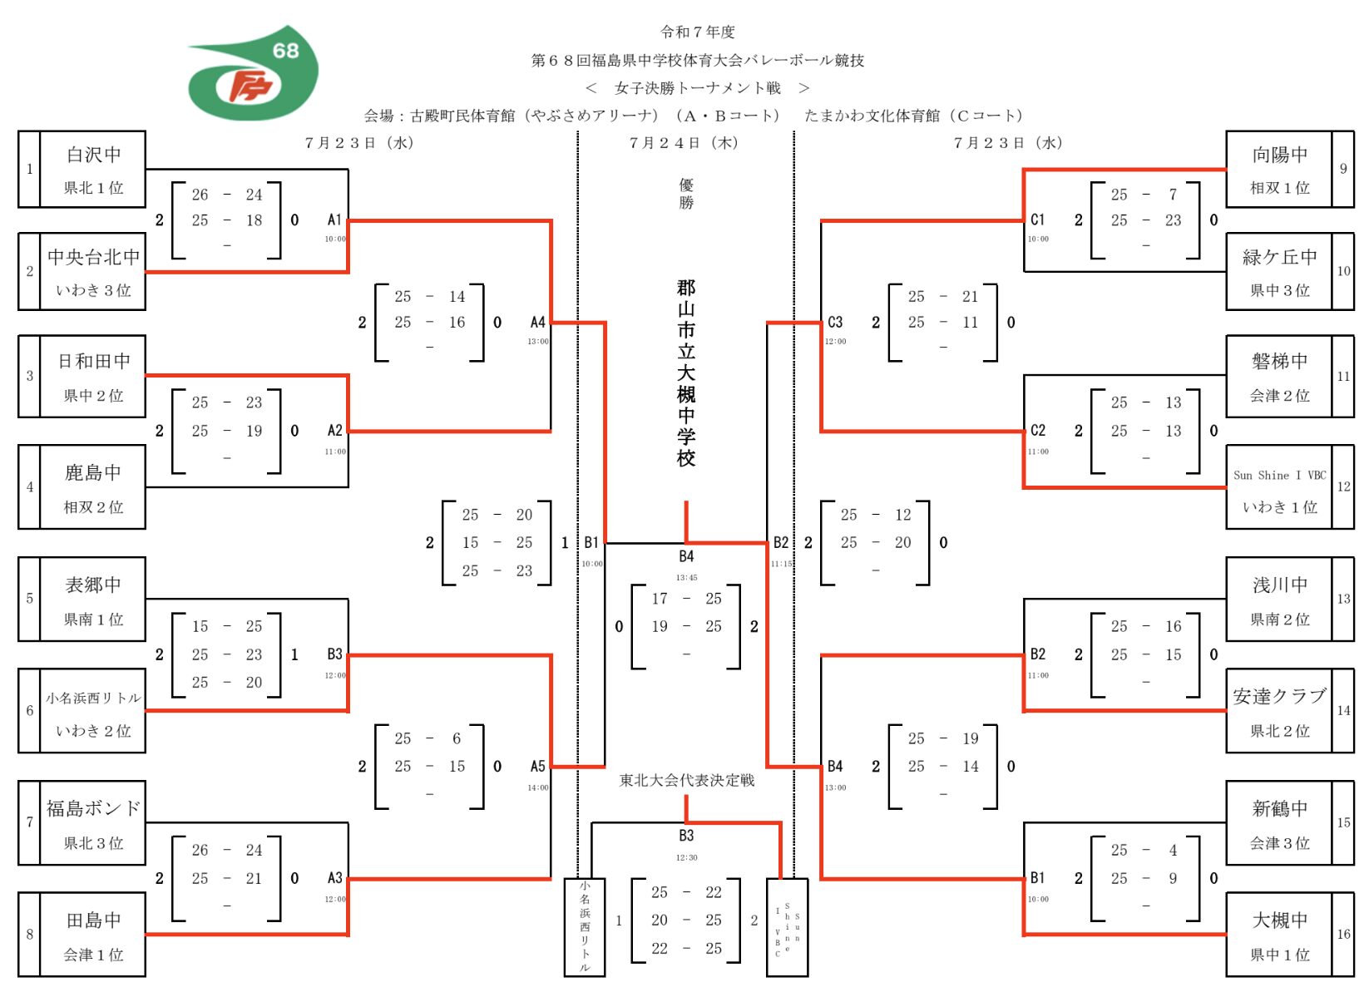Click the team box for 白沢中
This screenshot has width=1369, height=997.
tap(93, 169)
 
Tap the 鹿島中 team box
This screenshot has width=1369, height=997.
tap(93, 487)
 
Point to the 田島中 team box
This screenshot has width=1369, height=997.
tap(93, 935)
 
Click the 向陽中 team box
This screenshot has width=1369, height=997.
tap(1279, 169)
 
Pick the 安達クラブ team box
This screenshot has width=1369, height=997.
tap(1279, 711)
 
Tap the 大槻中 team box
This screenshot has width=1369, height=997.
tap(1279, 935)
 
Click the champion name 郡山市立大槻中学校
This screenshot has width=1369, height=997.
tap(685, 373)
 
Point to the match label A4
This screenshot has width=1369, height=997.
tap(538, 323)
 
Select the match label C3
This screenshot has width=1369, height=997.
tap(835, 323)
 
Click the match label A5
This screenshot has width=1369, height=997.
tap(538, 767)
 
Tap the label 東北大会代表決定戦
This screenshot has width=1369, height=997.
tap(687, 780)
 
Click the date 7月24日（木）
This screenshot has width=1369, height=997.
tap(684, 143)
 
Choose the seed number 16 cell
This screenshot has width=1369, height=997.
tap(1343, 935)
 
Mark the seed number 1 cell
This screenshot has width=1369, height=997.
tap(30, 169)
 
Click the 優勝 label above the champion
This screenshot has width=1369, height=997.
tap(686, 194)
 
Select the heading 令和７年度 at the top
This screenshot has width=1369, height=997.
tap(698, 32)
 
